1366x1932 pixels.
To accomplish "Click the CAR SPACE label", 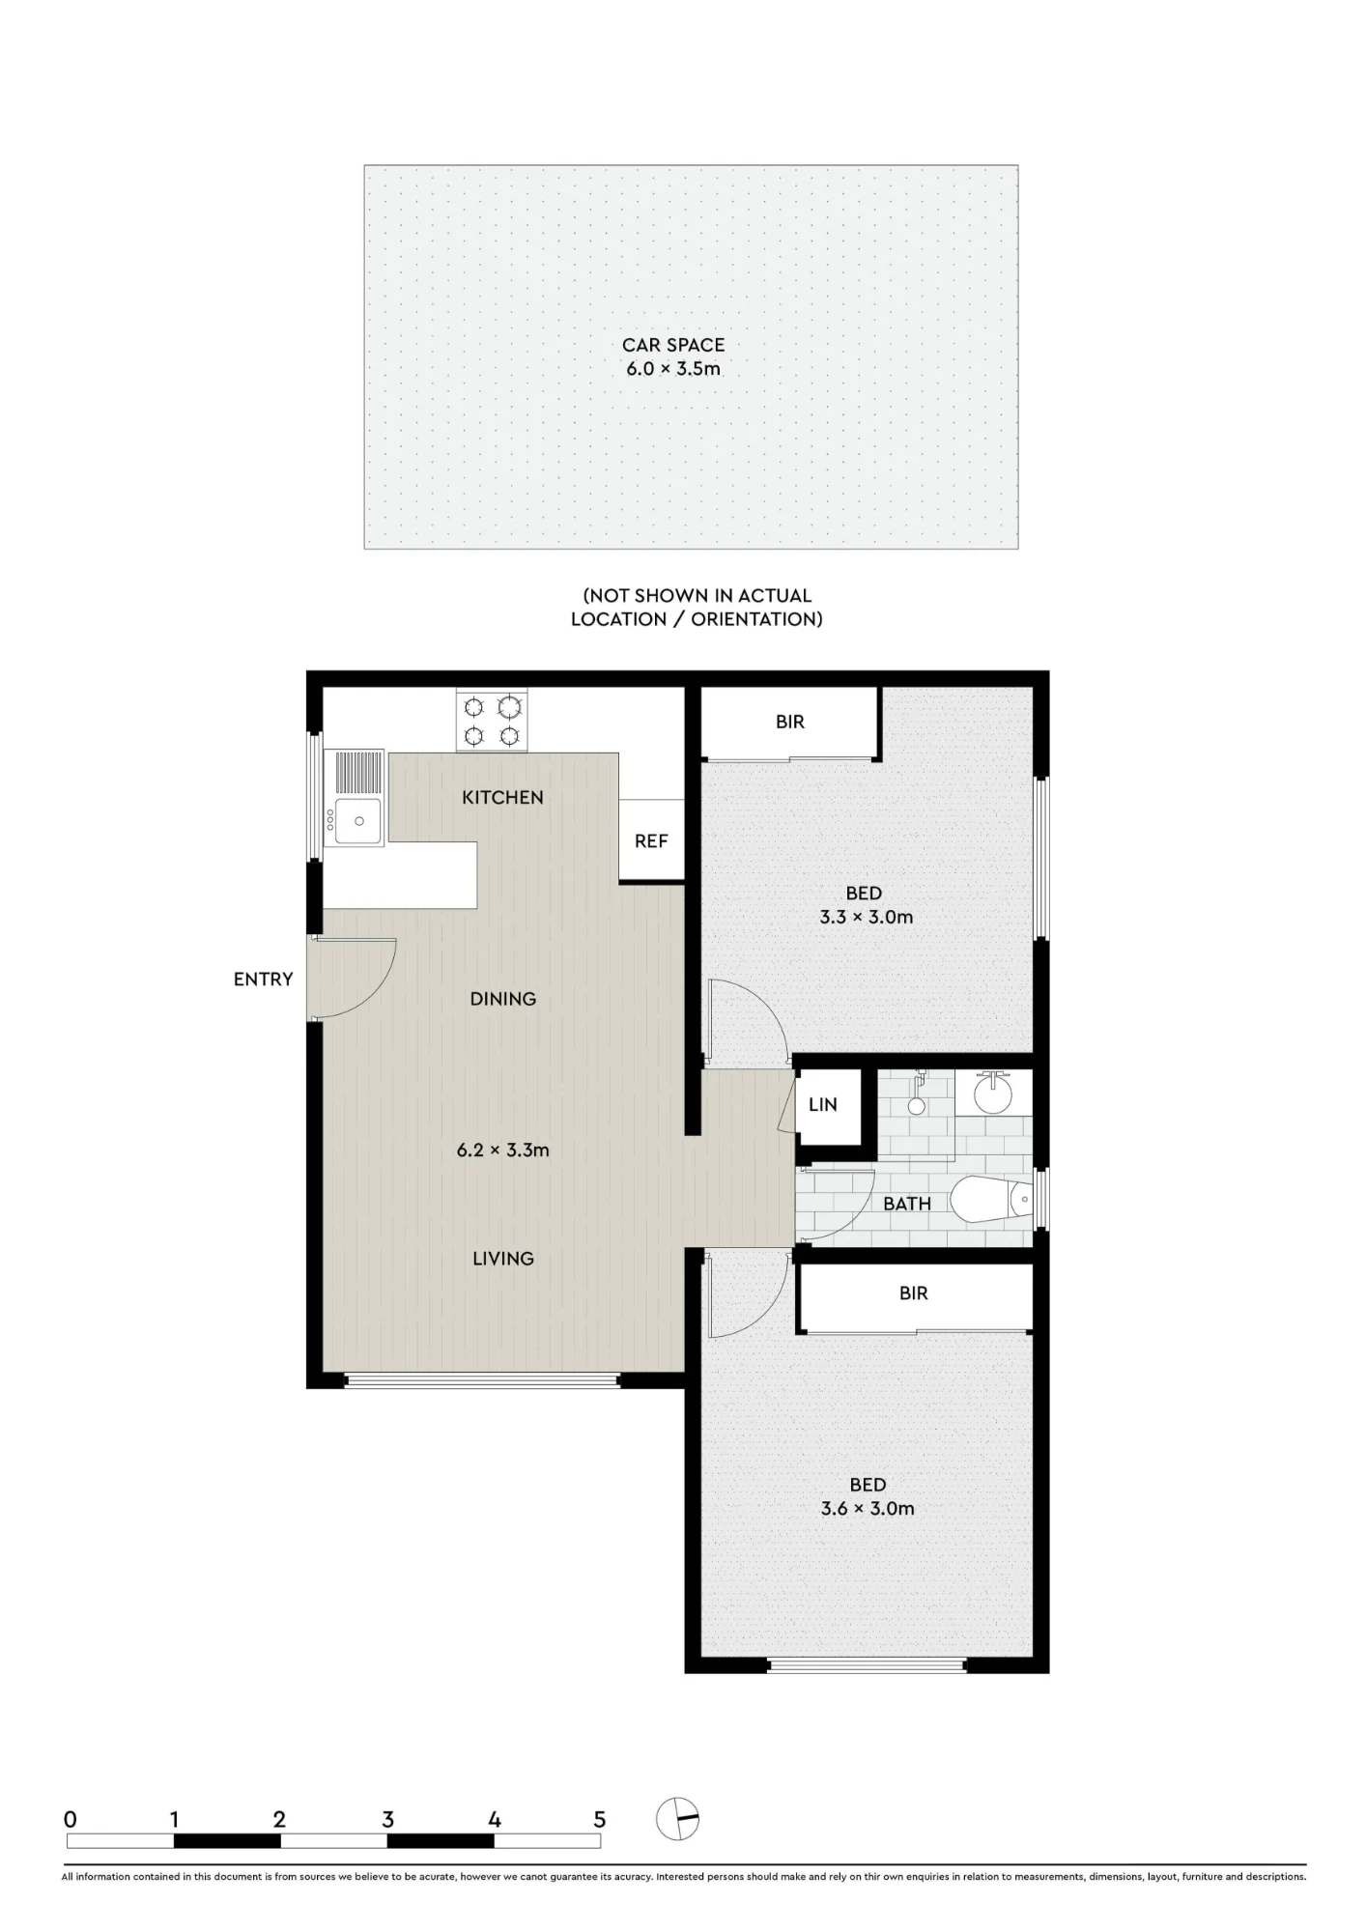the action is [672, 345].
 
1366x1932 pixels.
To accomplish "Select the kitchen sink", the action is [355, 798].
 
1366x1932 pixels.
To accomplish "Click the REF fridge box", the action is [651, 840].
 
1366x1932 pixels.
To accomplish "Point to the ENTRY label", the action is [263, 980].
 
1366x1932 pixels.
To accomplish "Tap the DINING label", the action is [503, 999].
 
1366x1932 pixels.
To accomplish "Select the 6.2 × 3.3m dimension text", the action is [503, 1151].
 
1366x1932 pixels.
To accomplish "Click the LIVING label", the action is [503, 1259].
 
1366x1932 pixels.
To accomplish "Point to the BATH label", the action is [907, 1204].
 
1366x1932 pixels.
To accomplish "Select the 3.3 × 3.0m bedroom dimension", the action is [867, 918].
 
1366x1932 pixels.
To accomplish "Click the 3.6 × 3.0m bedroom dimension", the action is [868, 1509].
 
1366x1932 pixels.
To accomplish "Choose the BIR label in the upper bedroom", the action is [790, 722].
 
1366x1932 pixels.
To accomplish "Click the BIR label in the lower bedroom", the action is [914, 1293].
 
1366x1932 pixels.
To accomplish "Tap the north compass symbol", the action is [677, 1820].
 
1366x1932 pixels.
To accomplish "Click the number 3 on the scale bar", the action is [387, 1820].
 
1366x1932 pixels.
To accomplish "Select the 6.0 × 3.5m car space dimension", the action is [673, 369].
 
